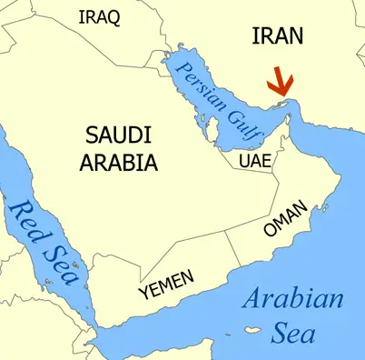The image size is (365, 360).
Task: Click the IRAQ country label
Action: [101, 18]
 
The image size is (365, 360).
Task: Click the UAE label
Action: [254, 161]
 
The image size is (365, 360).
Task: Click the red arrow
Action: [280, 87]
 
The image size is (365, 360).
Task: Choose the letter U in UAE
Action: [245, 161]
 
